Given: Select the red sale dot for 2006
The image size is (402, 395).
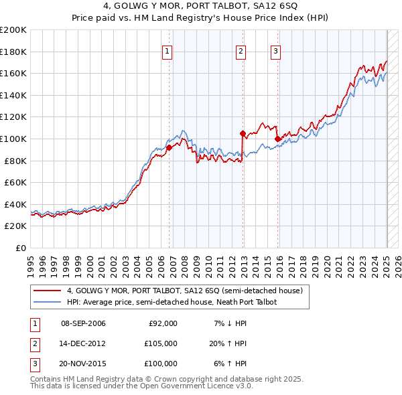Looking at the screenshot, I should (x=169, y=148).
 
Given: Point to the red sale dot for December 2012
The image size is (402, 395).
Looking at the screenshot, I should (x=243, y=133).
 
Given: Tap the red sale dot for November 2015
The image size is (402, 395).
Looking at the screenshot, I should (x=277, y=139).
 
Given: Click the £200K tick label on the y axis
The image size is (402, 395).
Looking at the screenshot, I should (x=13, y=30).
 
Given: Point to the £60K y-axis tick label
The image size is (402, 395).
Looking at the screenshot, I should (x=15, y=182).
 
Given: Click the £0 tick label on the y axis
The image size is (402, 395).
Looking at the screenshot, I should (x=21, y=248).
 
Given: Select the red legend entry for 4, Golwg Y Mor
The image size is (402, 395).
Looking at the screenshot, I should (x=185, y=291).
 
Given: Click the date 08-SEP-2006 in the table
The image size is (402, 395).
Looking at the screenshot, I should (x=83, y=323).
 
